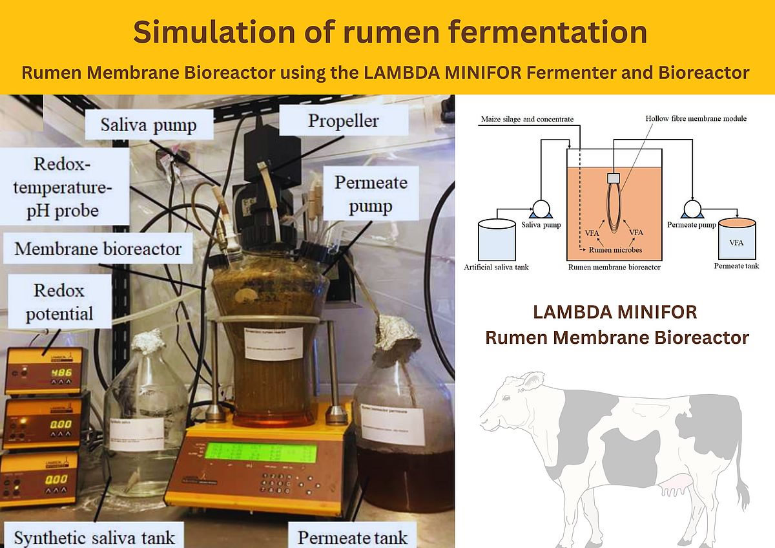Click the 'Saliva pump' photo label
148,125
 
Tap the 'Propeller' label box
343,121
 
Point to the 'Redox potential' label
59,302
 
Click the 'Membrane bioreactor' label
98,249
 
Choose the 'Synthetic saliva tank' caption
94,537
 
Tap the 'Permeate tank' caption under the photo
353,537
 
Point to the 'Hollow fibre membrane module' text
696,119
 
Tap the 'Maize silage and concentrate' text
527,120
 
